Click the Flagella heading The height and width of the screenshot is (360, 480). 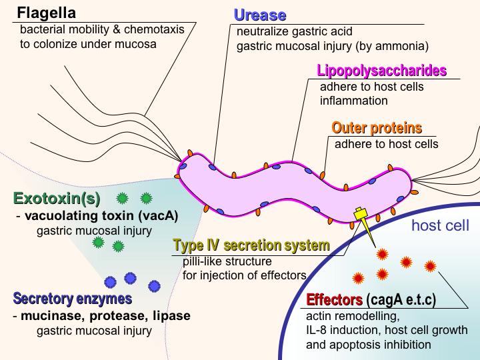point(46,13)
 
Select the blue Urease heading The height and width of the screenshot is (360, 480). point(260,15)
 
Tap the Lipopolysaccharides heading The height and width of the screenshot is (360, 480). point(381,71)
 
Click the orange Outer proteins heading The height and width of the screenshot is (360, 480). point(377,127)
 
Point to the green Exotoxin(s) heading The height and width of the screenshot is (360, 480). point(57,199)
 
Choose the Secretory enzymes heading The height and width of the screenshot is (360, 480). point(71,298)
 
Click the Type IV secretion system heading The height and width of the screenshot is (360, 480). point(251,245)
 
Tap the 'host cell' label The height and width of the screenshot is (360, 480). point(440,225)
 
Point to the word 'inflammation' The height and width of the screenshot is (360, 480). point(354,101)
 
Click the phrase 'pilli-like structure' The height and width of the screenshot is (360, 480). point(227,261)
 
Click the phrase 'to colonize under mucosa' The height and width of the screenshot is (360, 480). point(87,44)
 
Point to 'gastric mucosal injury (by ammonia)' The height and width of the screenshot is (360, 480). point(332,46)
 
